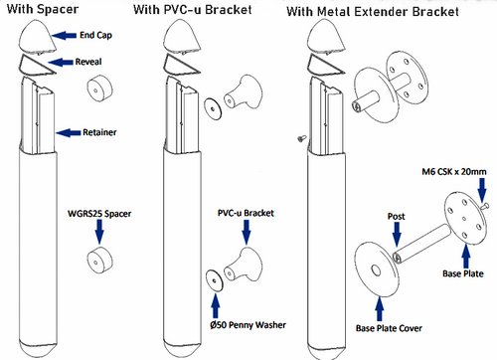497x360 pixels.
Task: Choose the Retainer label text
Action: tap(98, 130)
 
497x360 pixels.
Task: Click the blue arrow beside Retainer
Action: tap(67, 130)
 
